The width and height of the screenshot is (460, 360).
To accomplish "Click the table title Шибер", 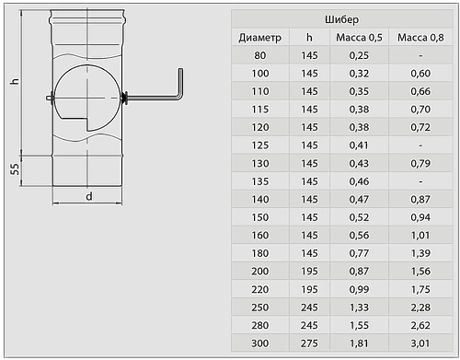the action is click(341, 19).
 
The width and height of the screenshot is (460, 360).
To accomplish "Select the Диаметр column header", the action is click(260, 38).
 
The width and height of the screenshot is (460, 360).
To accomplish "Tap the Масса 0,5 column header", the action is click(359, 38).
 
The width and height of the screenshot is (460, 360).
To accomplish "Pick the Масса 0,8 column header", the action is click(420, 38).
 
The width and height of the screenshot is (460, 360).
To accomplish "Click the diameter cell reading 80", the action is click(260, 55).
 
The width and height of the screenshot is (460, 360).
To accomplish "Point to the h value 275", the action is click(309, 343).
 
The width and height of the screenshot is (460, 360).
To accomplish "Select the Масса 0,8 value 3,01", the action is click(420, 343).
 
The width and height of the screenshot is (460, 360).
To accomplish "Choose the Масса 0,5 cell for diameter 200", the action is click(359, 272).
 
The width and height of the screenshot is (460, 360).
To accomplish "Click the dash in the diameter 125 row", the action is click(420, 145).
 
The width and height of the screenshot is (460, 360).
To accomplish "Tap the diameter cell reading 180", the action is click(260, 253).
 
